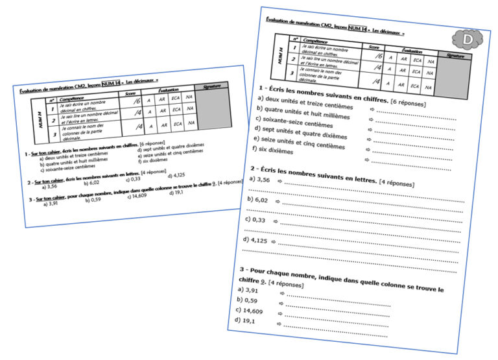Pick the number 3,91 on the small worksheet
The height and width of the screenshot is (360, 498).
51,204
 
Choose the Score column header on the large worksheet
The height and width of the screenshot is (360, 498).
374,47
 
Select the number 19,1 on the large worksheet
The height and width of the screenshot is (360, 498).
246,320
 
